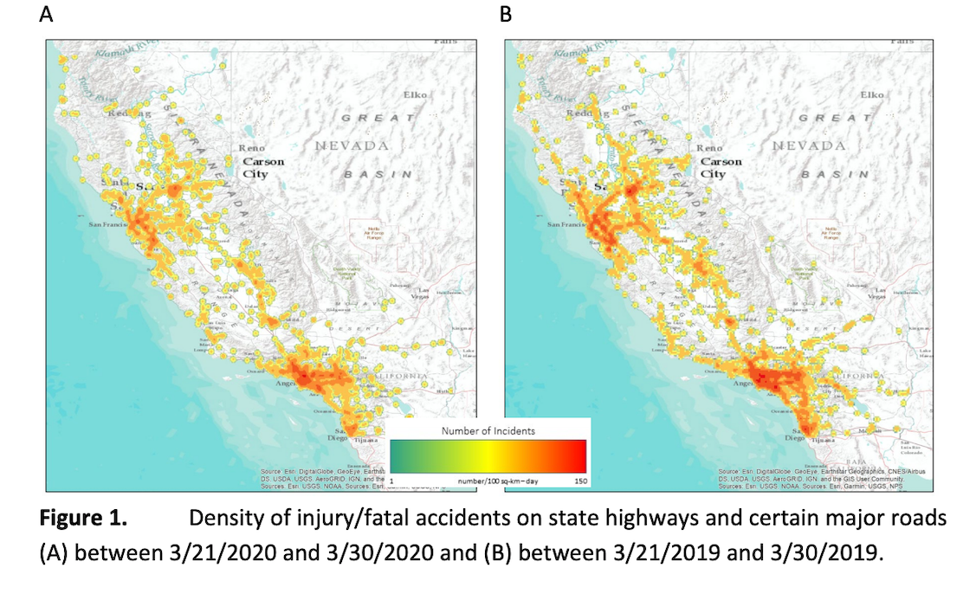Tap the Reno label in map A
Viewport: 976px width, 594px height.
pos(251,148)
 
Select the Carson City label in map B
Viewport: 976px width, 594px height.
pos(721,167)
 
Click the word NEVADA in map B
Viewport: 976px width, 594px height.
pos(809,145)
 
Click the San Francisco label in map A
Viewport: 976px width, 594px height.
pos(110,224)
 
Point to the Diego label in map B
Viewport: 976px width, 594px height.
pos(793,438)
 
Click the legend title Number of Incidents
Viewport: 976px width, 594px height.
pos(488,430)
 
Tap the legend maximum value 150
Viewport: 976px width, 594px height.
pos(577,480)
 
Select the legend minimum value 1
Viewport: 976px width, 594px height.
pos(393,480)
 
